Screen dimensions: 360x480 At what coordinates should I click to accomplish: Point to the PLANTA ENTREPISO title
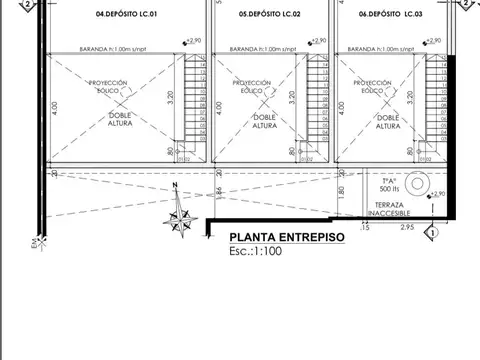click(x=286, y=237)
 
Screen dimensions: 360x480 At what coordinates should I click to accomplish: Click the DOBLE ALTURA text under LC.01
click(x=105, y=121)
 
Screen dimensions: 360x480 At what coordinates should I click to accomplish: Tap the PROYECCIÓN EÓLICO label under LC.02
click(x=252, y=87)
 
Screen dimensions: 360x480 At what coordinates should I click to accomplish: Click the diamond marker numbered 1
click(x=430, y=232)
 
